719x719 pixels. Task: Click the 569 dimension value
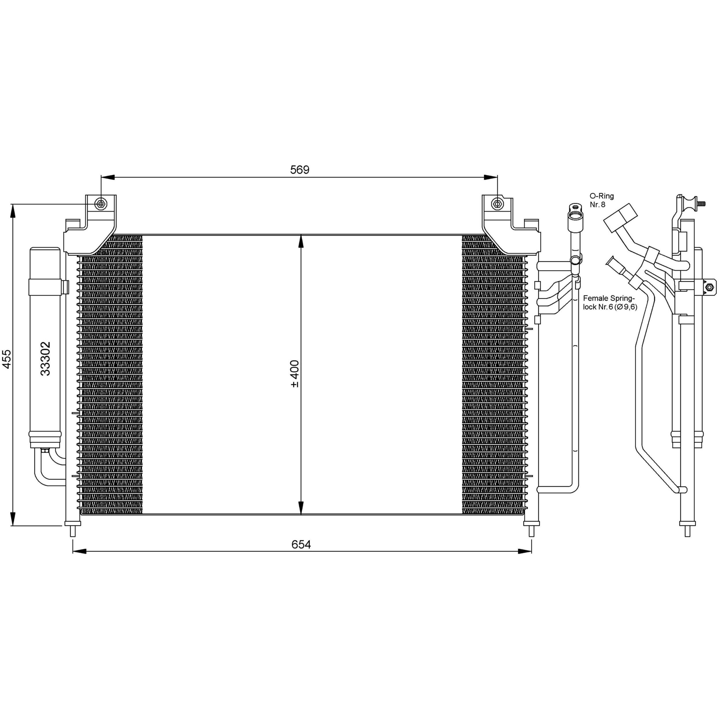299,170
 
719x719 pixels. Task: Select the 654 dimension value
301,545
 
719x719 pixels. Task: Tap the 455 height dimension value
7,359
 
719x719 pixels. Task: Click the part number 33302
45,358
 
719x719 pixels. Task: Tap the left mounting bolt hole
101,204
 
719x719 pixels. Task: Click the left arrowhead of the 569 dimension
107,177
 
